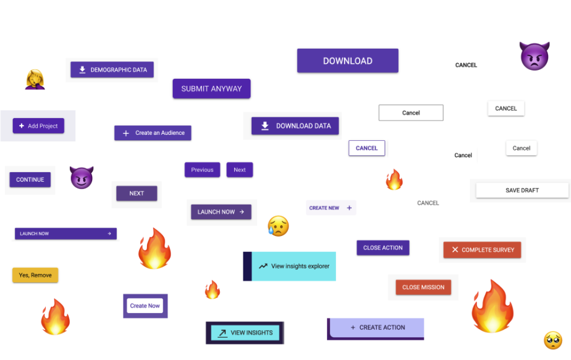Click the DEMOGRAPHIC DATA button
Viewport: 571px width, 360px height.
[x=112, y=69]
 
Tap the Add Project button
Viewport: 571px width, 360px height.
[x=38, y=126]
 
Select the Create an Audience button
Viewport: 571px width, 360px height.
[x=152, y=133]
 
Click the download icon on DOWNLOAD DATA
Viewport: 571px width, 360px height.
[x=265, y=126]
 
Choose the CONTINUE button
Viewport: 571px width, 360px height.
[x=30, y=179]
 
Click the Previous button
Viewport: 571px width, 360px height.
[x=202, y=170]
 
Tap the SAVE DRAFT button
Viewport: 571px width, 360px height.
[x=522, y=190]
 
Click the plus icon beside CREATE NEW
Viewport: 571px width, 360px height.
[x=349, y=208]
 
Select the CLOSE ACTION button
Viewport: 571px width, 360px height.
[x=382, y=247]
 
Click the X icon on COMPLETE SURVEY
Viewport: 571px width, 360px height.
[x=455, y=250]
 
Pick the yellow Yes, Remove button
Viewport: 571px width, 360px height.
[x=35, y=275]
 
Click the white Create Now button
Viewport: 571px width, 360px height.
[x=145, y=306]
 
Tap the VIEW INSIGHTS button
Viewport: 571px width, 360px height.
[x=245, y=333]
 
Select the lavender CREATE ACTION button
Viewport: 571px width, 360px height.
[x=376, y=327]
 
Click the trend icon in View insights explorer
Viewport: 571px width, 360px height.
[x=263, y=266]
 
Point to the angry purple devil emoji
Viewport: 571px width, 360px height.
[x=534, y=56]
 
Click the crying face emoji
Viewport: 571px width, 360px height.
[x=278, y=226]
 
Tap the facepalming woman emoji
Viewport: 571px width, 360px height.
[x=35, y=79]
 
